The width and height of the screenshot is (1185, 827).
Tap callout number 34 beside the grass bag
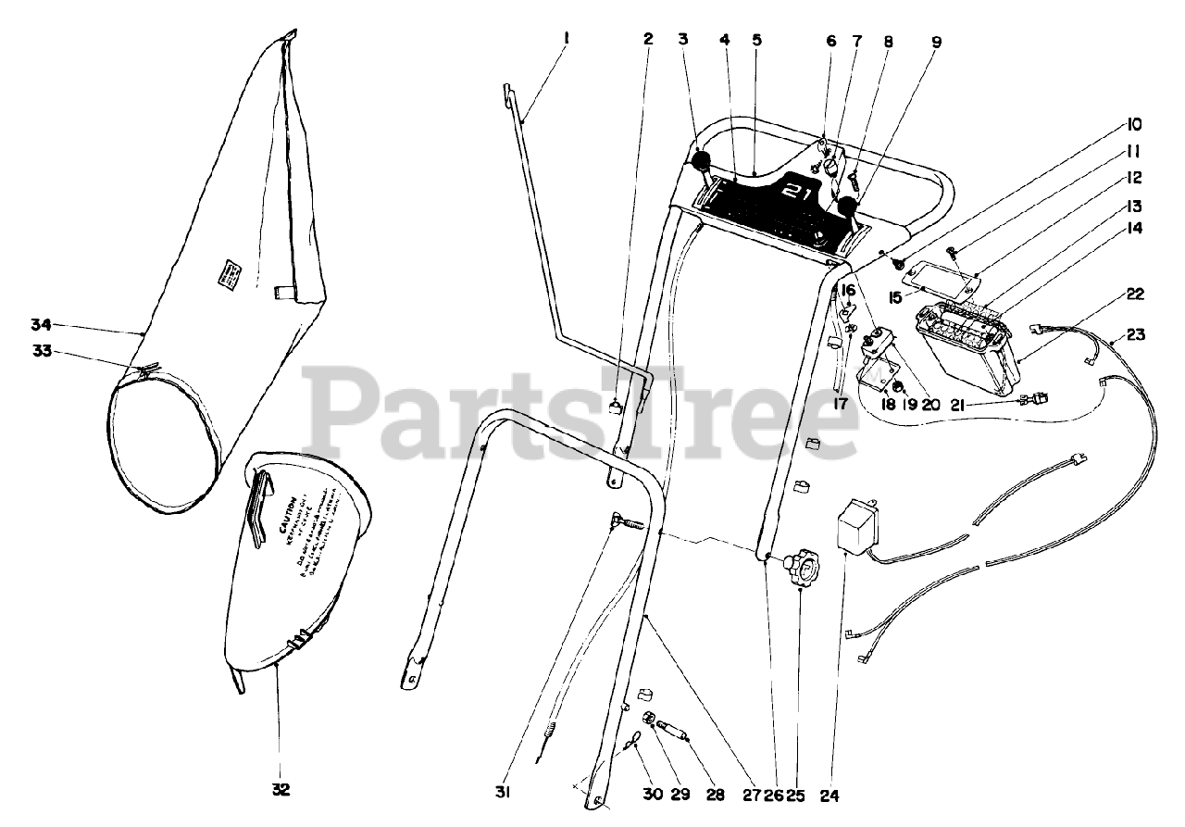(x=40, y=324)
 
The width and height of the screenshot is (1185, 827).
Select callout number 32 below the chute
(x=281, y=789)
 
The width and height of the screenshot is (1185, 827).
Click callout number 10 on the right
(x=1135, y=124)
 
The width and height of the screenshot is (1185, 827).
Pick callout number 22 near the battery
(x=1135, y=294)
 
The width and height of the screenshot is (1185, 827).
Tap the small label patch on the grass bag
(x=228, y=273)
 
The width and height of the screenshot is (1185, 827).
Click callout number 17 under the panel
(x=839, y=404)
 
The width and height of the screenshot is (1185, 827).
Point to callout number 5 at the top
(x=756, y=40)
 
